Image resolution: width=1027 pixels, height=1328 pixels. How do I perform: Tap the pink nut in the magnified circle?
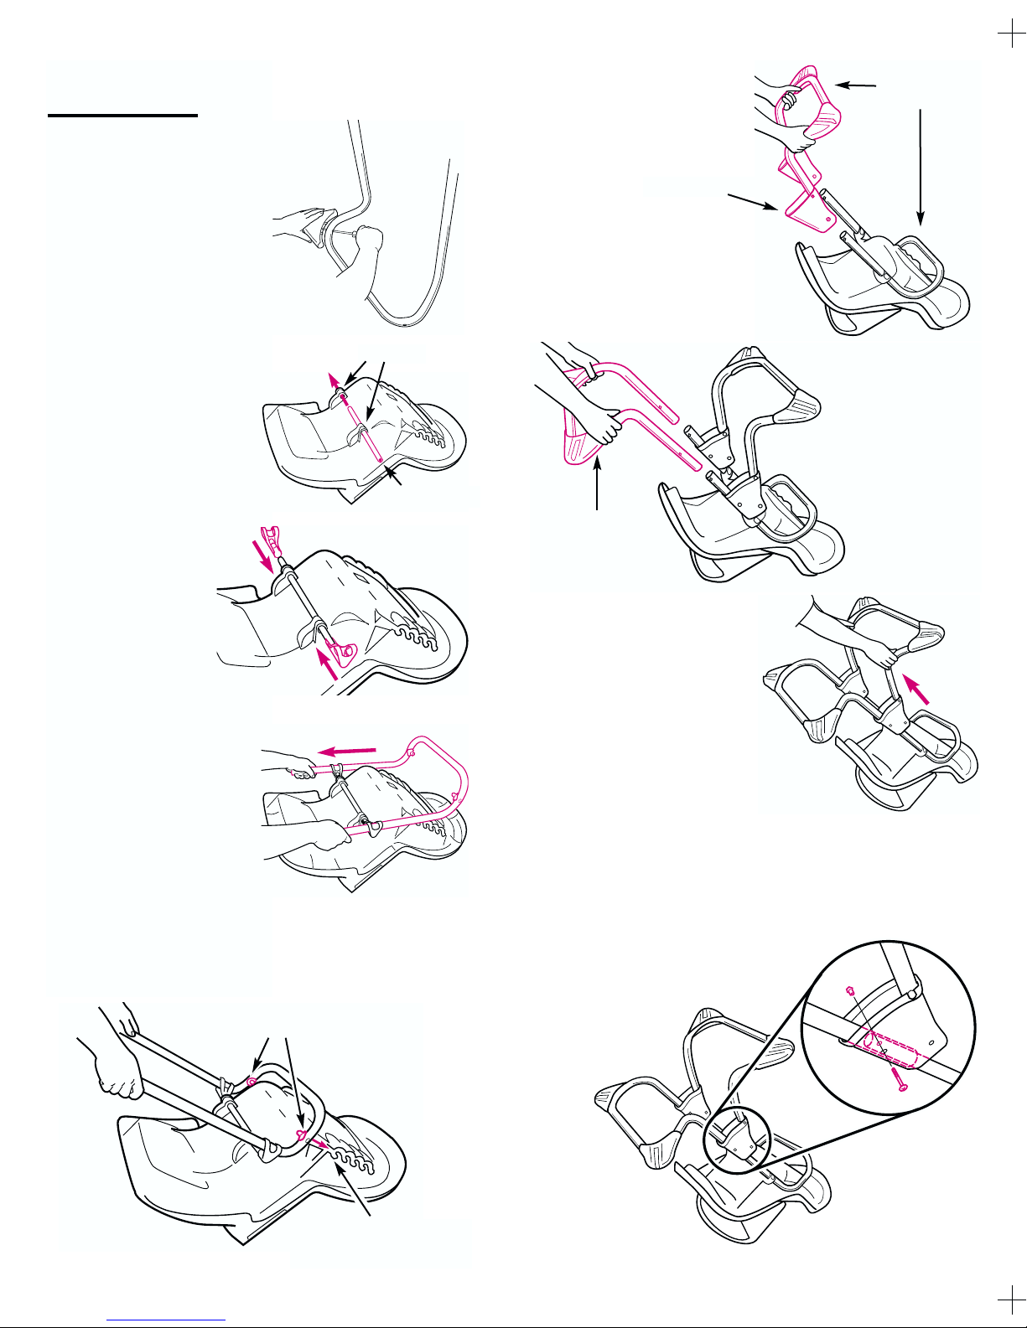(850, 990)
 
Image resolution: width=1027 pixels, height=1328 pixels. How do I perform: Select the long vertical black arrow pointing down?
(921, 168)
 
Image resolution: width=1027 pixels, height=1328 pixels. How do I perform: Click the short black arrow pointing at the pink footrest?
(856, 85)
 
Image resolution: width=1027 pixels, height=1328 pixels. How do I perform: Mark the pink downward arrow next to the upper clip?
(267, 556)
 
